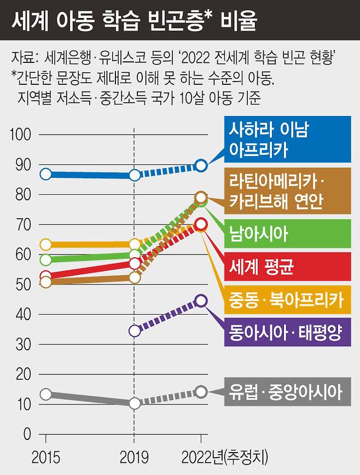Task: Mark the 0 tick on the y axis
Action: pyautogui.click(x=26, y=435)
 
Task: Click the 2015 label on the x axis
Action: pyautogui.click(x=45, y=456)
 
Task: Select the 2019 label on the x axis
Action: pyautogui.click(x=135, y=456)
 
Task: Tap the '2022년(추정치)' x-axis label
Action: pyautogui.click(x=225, y=456)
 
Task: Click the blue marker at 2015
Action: pyautogui.click(x=46, y=174)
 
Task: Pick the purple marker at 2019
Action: pyautogui.click(x=135, y=331)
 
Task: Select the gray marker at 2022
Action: pyautogui.click(x=201, y=391)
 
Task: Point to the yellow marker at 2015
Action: pyautogui.click(x=46, y=244)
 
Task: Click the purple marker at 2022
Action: pyautogui.click(x=201, y=300)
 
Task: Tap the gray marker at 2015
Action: pyautogui.click(x=46, y=394)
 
